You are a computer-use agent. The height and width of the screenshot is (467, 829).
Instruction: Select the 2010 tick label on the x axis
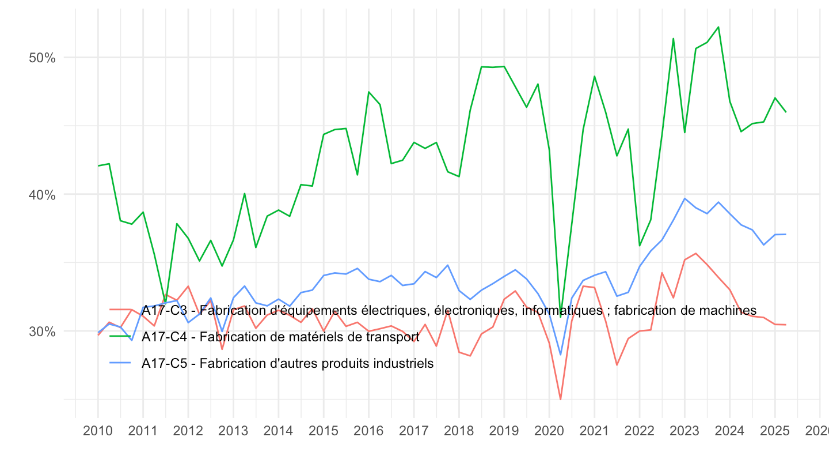[98, 431]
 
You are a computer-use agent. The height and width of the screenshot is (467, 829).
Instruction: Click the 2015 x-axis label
[324, 431]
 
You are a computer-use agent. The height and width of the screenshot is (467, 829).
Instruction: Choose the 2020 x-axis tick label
[549, 431]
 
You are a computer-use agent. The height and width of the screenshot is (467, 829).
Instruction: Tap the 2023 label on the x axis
[685, 431]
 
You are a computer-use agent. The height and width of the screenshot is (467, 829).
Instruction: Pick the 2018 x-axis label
[459, 431]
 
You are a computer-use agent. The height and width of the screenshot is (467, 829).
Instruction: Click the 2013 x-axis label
[233, 431]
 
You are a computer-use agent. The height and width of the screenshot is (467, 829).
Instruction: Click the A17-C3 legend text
[449, 310]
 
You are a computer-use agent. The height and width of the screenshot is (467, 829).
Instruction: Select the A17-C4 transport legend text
[280, 337]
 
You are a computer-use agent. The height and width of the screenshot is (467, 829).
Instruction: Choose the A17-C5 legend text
[287, 363]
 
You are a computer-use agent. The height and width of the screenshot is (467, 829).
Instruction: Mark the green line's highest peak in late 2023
[718, 27]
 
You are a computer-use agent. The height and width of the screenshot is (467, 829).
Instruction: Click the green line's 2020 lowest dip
[560, 317]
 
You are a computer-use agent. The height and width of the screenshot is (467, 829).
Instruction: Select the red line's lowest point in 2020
[560, 399]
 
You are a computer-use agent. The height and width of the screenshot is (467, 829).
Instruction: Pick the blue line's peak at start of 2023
[685, 198]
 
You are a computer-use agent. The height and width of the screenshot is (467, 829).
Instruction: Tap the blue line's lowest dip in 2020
[560, 355]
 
